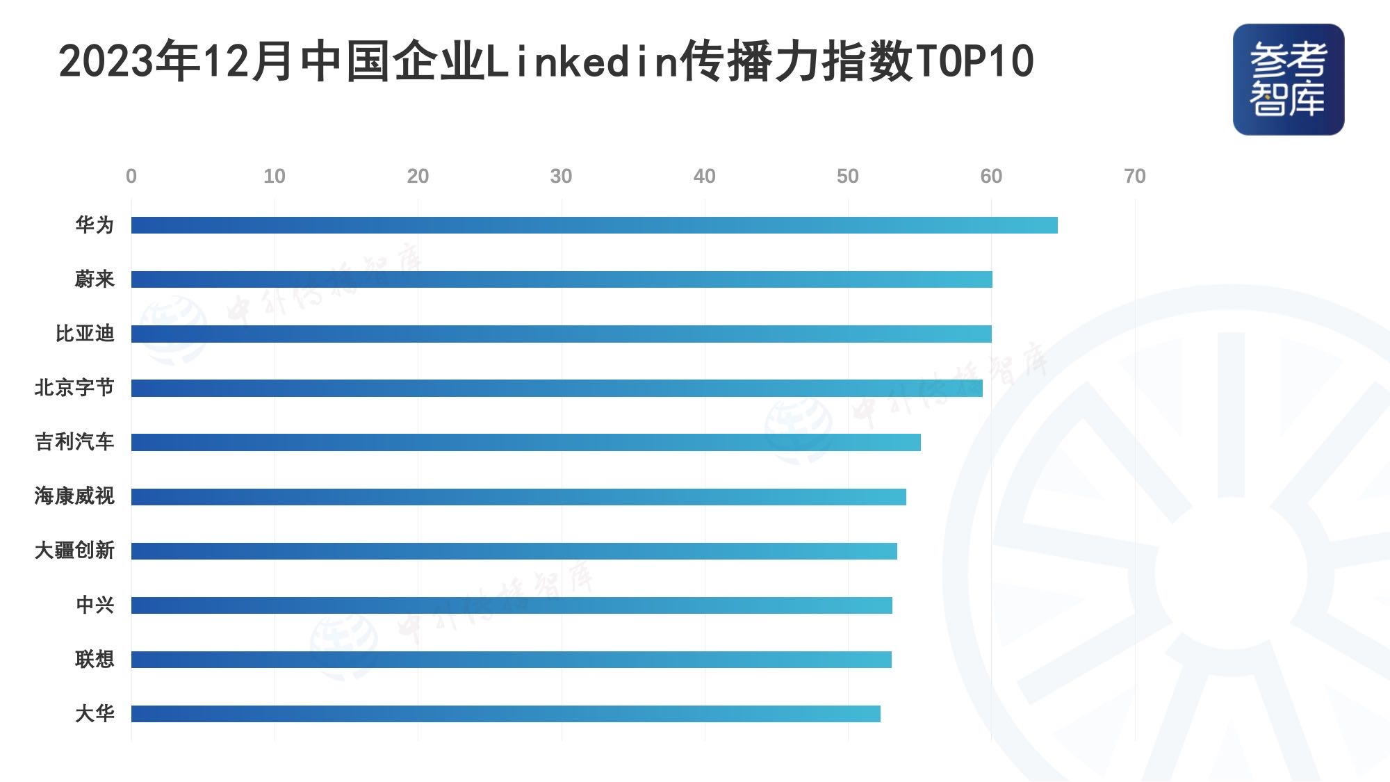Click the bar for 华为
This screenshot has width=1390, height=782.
tap(594, 225)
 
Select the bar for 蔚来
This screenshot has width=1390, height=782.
tap(562, 279)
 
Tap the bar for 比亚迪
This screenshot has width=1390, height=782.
tap(562, 334)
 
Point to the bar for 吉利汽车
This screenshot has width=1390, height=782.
tap(526, 442)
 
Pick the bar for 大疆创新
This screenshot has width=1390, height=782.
tap(514, 551)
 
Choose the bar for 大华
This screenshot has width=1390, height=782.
tap(506, 714)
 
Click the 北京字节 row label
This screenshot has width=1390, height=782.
tap(74, 388)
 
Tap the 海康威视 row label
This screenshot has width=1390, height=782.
tap(74, 496)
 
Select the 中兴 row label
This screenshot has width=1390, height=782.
tap(95, 605)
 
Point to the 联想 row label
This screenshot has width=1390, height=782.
tap(95, 659)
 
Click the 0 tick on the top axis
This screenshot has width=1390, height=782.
tap(131, 177)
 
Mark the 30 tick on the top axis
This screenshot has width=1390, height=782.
tap(561, 177)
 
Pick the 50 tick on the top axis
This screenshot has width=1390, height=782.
tap(847, 177)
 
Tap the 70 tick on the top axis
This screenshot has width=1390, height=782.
tap(1134, 177)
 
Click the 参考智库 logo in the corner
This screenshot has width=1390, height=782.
tap(1288, 79)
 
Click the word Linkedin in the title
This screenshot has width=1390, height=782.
tap(582, 61)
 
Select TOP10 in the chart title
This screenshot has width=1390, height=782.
tap(974, 61)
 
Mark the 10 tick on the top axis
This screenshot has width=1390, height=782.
tap(275, 177)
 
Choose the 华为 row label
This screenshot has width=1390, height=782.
tap(95, 225)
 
